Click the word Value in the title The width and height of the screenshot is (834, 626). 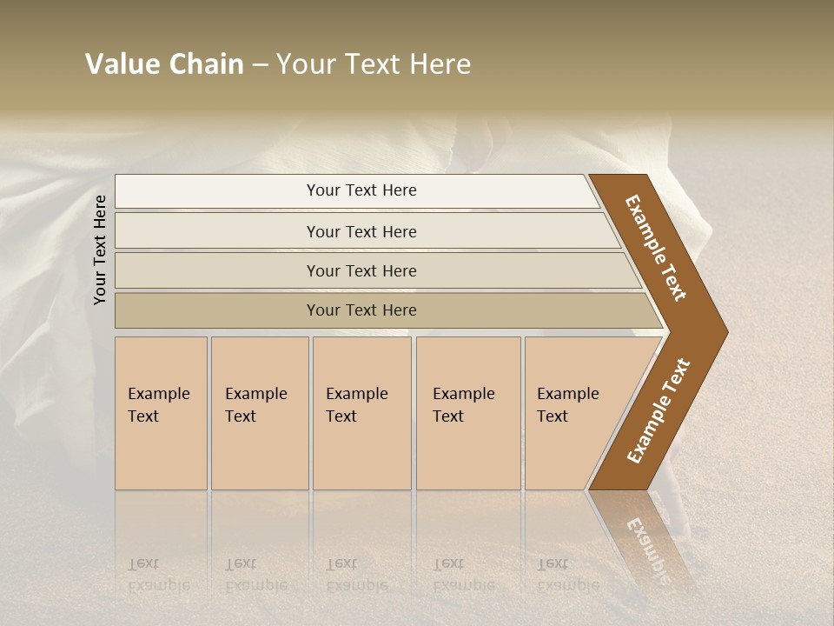[x=122, y=64]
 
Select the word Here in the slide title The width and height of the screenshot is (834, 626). [x=440, y=64]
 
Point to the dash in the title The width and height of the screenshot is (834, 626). [x=260, y=65]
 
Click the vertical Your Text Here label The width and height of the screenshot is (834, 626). [x=100, y=250]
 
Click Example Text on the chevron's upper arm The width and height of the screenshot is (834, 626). [x=657, y=249]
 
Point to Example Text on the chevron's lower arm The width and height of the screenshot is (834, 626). [x=658, y=411]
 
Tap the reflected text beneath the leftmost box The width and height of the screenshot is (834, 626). [x=158, y=575]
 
